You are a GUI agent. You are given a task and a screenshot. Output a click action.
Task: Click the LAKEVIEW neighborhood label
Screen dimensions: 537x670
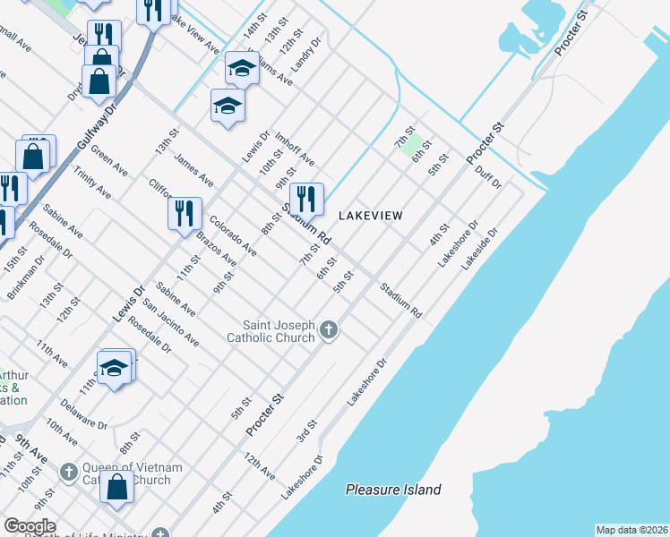click(370, 216)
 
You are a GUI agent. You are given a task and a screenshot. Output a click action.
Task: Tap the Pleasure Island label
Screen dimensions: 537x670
click(393, 490)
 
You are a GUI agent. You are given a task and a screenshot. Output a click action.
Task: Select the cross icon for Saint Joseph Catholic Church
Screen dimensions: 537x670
click(329, 331)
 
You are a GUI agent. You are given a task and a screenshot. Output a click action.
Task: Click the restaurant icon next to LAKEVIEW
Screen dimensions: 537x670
click(306, 199)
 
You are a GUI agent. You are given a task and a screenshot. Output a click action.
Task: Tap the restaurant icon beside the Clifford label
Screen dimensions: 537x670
click(185, 213)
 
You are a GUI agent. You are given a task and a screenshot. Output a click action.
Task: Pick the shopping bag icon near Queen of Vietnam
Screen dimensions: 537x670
click(117, 488)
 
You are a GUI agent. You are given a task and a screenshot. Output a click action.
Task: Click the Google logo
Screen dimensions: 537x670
click(30, 526)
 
